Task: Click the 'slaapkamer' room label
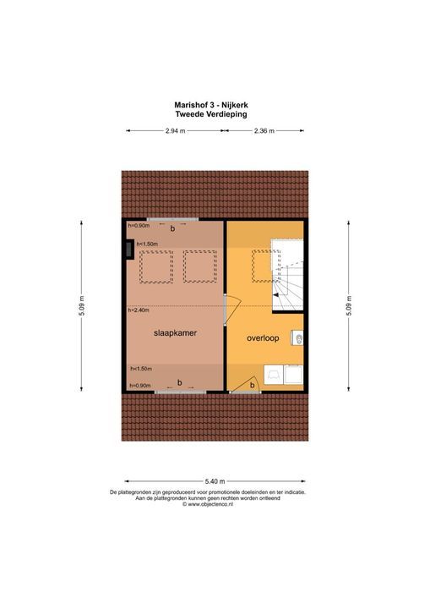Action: click(x=175, y=333)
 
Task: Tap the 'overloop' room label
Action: click(x=263, y=337)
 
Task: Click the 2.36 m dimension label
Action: click(x=264, y=131)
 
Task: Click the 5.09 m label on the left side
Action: click(x=82, y=305)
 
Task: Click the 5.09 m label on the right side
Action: click(x=348, y=305)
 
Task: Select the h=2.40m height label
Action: click(x=139, y=310)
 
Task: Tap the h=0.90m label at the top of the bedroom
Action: click(x=139, y=226)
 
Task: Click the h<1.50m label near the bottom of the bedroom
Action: click(x=141, y=370)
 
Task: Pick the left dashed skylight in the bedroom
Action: click(x=156, y=267)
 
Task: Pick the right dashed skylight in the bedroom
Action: click(x=199, y=267)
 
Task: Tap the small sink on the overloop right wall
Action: click(x=300, y=338)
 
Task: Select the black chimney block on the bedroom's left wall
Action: click(x=127, y=250)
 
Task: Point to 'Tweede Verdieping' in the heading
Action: click(x=215, y=114)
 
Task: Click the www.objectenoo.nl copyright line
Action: click(x=215, y=505)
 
